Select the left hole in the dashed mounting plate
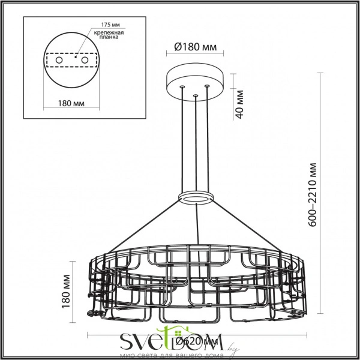[59, 61]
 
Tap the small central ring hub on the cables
[195, 199]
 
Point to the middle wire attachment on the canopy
[195, 95]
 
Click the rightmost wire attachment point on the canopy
[208, 86]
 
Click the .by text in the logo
[232, 346]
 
